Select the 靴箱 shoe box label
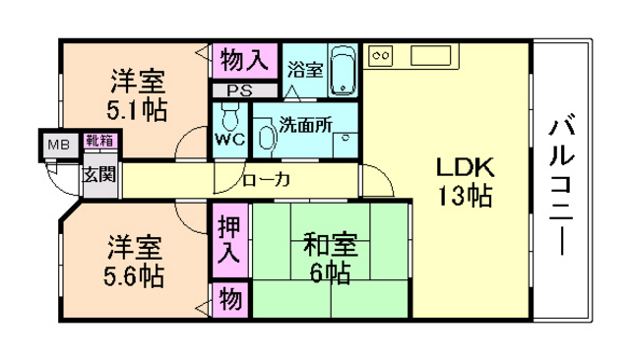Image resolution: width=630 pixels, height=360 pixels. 98,142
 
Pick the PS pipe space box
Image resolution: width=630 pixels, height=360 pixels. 238,90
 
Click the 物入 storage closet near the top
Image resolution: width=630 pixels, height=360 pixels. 242,60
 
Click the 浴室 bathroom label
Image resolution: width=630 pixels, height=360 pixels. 304,70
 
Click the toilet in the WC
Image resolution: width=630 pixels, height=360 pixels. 230,119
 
